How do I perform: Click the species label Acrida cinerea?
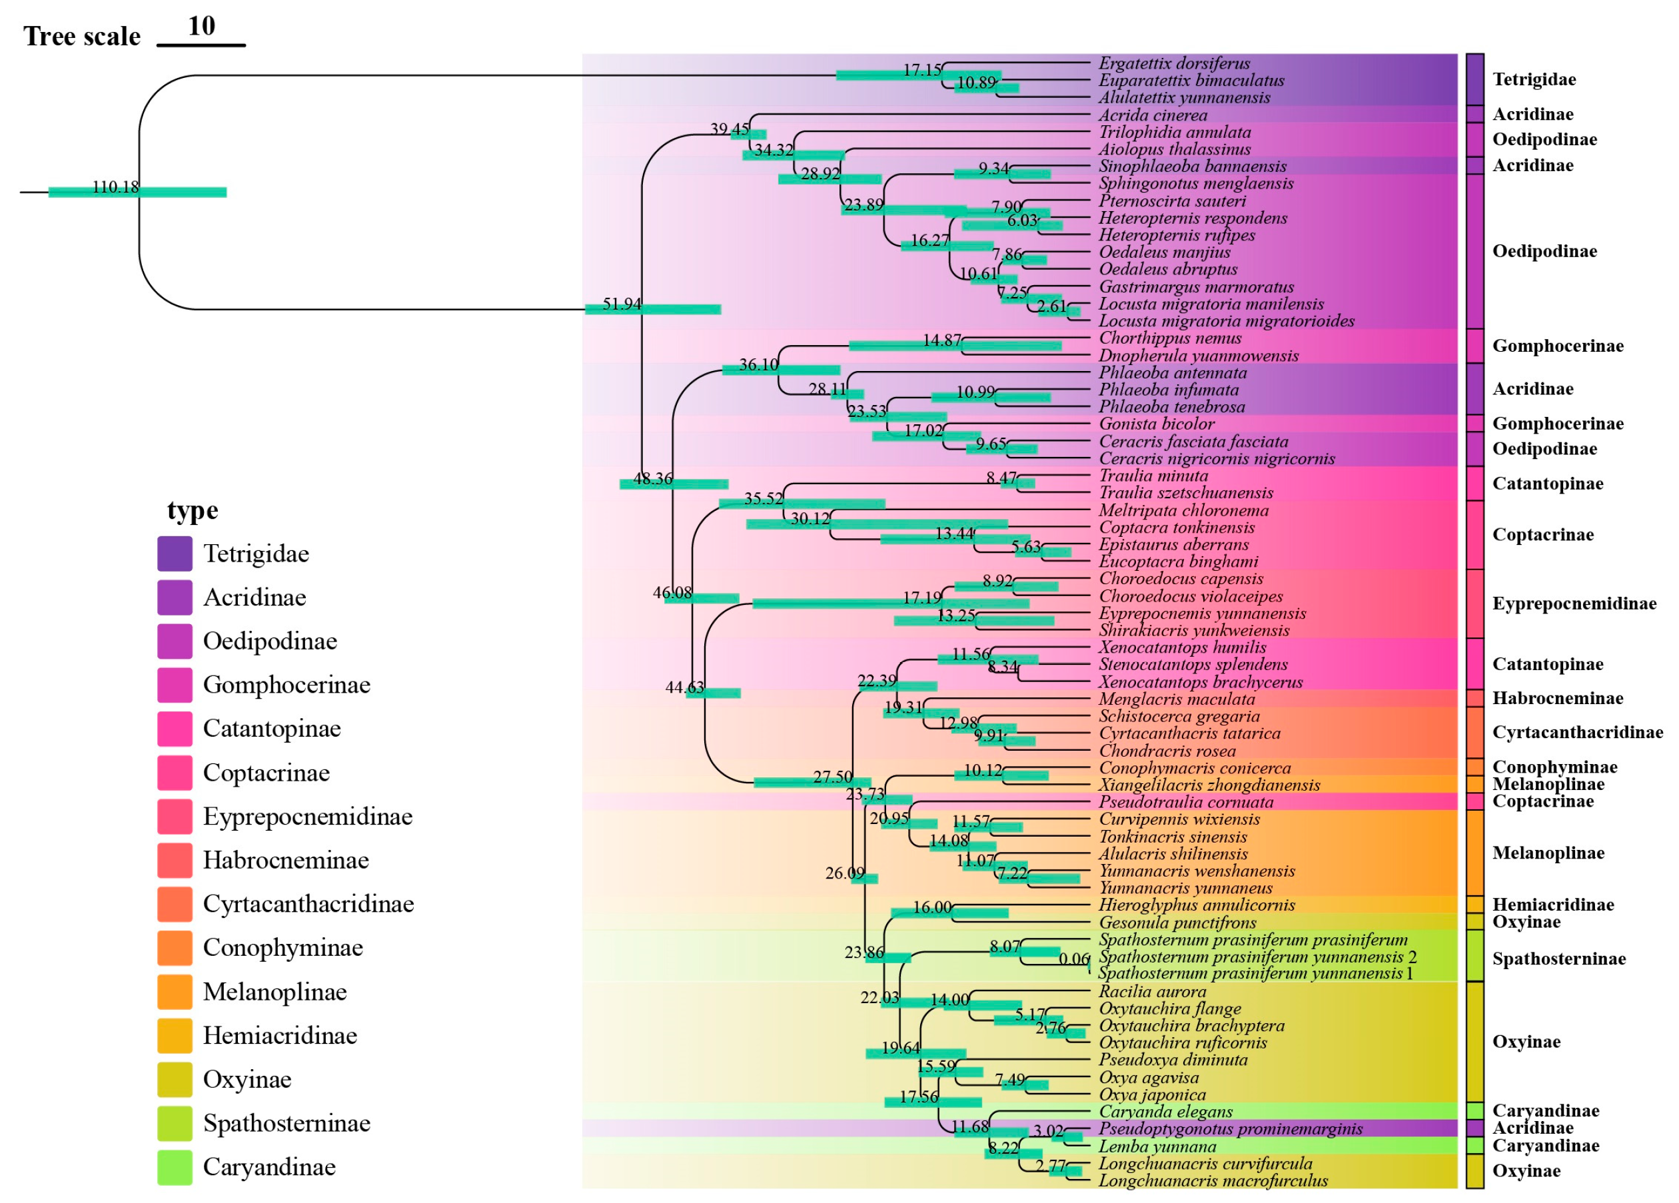pos(1152,115)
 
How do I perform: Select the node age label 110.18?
pos(115,187)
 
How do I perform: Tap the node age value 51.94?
pos(621,304)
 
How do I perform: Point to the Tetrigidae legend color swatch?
pos(175,554)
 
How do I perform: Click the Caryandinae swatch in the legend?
pos(175,1167)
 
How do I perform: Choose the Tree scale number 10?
pos(201,26)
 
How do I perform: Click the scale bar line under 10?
pos(201,45)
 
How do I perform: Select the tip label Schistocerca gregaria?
pos(1179,716)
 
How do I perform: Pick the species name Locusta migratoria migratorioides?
pos(1226,320)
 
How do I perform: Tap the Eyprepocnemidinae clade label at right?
pos(1574,603)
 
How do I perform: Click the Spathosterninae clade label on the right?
pos(1558,959)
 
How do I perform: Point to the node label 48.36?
pos(652,479)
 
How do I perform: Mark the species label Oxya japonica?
pos(1152,1094)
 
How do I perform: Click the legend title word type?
pos(193,510)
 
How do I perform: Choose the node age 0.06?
pos(1073,959)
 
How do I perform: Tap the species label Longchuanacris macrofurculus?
pos(1213,1181)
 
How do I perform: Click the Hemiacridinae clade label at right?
pos(1552,904)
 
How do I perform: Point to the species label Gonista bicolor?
pos(1157,424)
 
